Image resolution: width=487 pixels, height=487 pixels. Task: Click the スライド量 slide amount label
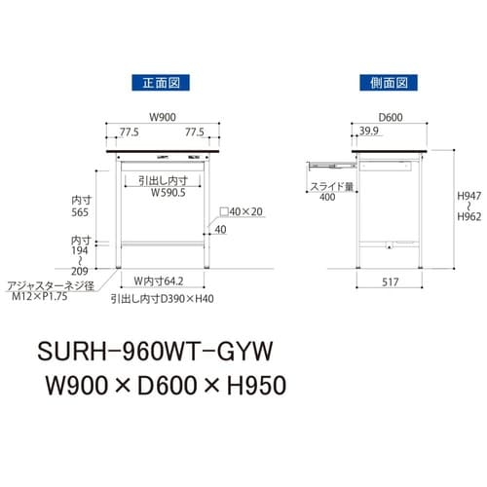(330, 185)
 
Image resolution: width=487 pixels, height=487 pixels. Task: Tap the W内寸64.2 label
(161, 285)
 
